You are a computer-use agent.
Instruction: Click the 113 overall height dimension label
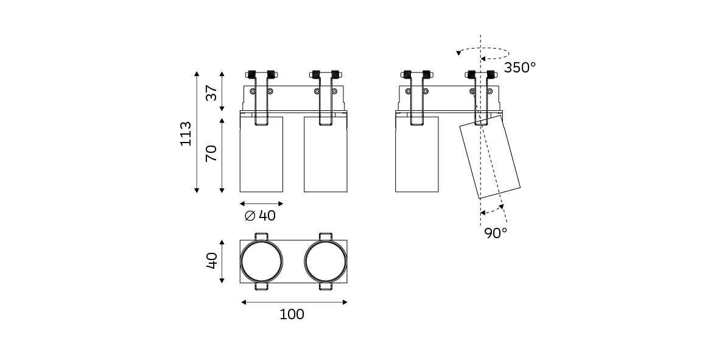186,134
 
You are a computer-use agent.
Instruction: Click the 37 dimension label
211,93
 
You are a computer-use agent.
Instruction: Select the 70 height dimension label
211,153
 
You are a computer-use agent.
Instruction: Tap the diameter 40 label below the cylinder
260,216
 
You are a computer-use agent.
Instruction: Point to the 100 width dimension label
292,314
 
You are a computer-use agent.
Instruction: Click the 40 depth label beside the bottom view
211,261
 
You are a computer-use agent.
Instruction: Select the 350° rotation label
520,68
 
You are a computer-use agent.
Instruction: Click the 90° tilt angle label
496,233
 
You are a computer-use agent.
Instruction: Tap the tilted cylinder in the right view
490,157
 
